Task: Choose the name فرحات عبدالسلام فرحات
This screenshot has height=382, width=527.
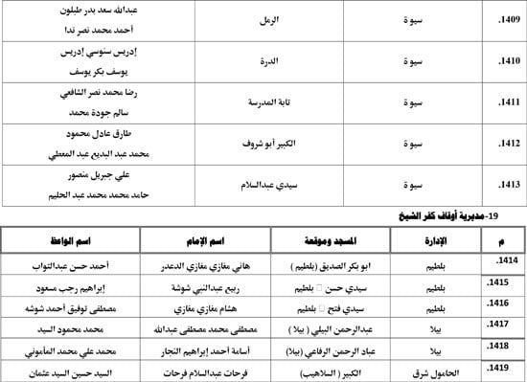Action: pyautogui.click(x=203, y=369)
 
